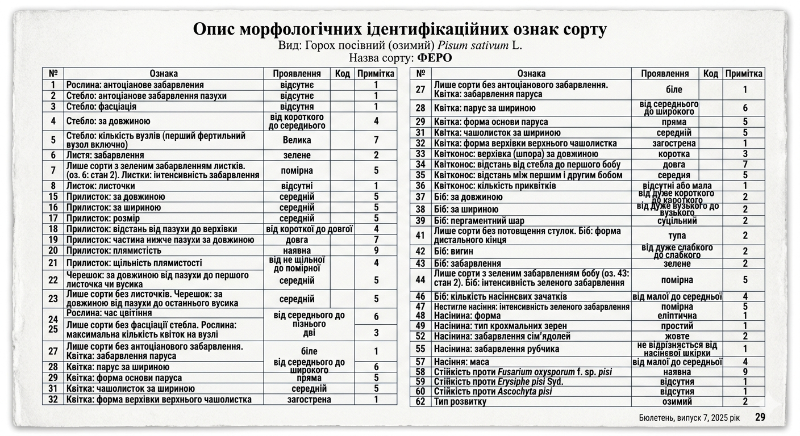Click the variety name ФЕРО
click(x=435, y=58)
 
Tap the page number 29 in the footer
click(x=760, y=417)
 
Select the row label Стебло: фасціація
click(x=102, y=106)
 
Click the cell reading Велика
click(x=297, y=140)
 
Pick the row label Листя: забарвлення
click(x=105, y=155)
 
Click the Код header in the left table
click(x=342, y=73)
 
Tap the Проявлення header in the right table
click(x=665, y=73)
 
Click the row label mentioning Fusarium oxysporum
click(x=523, y=372)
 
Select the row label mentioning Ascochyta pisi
click(x=493, y=391)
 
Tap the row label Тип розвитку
click(x=460, y=401)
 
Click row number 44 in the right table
click(x=420, y=279)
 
